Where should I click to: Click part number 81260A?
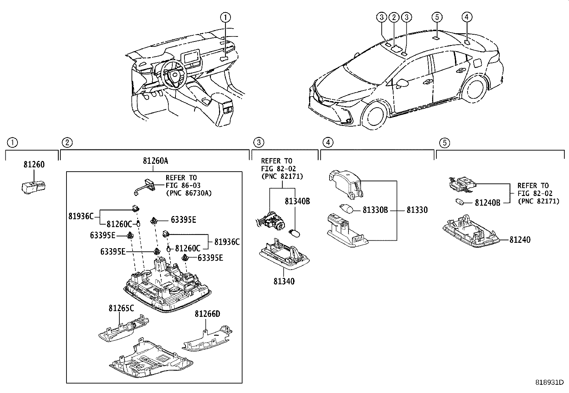[x=155, y=161]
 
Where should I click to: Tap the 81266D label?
[x=207, y=314]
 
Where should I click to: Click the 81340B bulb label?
[x=297, y=201]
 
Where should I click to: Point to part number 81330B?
[x=375, y=210]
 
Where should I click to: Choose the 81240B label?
[x=488, y=203]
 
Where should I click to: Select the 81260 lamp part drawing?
[x=33, y=187]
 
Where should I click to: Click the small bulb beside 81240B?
[x=460, y=202]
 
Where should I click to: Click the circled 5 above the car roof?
[x=437, y=17]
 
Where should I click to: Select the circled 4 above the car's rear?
[x=466, y=17]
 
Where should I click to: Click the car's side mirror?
[x=403, y=83]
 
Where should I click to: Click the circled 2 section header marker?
[x=66, y=143]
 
